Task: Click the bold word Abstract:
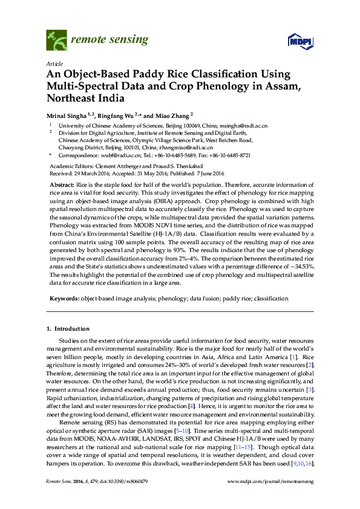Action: pos(62,183)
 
